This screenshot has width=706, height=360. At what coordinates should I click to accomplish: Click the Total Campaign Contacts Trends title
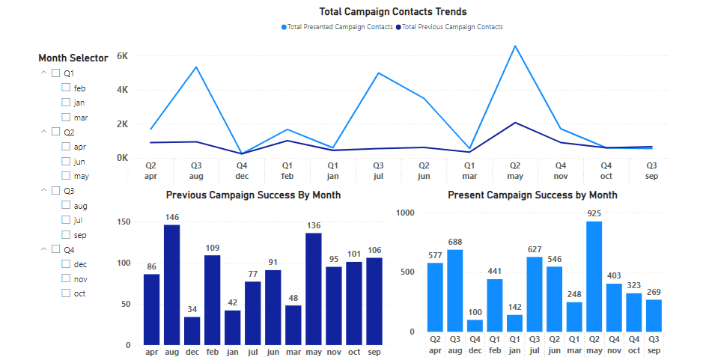click(392, 11)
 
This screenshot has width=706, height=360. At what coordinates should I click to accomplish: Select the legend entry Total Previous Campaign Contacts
click(452, 27)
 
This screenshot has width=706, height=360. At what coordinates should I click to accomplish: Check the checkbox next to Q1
click(55, 73)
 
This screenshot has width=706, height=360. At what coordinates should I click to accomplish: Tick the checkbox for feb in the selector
click(66, 88)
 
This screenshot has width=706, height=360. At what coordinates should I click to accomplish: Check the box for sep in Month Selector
click(66, 235)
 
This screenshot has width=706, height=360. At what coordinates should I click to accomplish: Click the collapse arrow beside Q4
click(43, 250)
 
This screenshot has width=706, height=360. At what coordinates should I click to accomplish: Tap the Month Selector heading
click(73, 58)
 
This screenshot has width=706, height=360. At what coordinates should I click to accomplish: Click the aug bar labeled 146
click(171, 284)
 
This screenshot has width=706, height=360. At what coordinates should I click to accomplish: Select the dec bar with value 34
click(192, 330)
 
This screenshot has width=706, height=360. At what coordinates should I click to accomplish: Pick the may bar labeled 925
click(594, 276)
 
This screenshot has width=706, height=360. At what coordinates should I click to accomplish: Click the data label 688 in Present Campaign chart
click(455, 242)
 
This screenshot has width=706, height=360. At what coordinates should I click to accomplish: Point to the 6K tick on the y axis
click(123, 56)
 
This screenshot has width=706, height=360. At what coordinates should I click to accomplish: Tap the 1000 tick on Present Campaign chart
click(404, 213)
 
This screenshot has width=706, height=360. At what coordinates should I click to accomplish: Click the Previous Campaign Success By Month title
click(253, 195)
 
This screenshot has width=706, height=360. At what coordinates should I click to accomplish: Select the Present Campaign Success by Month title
click(532, 195)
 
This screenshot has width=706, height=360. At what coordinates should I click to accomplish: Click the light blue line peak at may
click(515, 46)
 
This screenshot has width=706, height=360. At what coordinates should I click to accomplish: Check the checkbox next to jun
click(66, 162)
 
